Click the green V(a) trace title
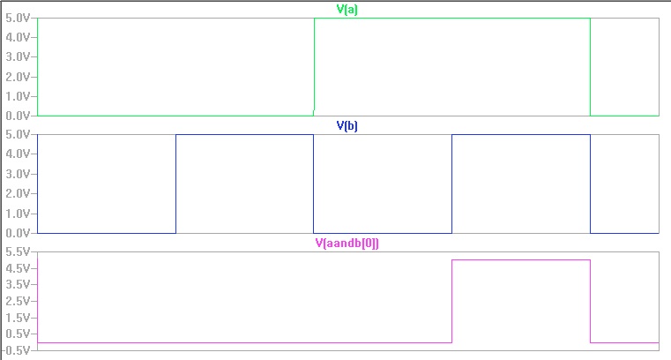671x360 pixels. pyautogui.click(x=347, y=10)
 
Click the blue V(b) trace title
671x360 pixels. pyautogui.click(x=347, y=126)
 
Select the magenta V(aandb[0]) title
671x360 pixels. pyautogui.click(x=347, y=244)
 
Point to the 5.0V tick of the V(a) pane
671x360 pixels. pyautogui.click(x=19, y=18)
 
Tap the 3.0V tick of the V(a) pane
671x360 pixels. pyautogui.click(x=19, y=56)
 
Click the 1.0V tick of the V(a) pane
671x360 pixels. pyautogui.click(x=19, y=96)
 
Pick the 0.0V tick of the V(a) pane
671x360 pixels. pyautogui.click(x=19, y=116)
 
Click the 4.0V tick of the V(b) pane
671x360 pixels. pyautogui.click(x=19, y=154)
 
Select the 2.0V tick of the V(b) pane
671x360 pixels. pyautogui.click(x=19, y=193)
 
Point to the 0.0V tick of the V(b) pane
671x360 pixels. pyautogui.click(x=19, y=233)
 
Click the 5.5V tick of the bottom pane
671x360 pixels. pyautogui.click(x=19, y=251)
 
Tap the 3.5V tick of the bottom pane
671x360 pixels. pyautogui.click(x=19, y=284)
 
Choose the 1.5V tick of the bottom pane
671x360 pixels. pyautogui.click(x=19, y=318)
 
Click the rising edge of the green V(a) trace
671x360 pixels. pyautogui.click(x=315, y=66)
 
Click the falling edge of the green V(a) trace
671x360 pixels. pyautogui.click(x=590, y=66)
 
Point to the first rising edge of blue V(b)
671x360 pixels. pyautogui.click(x=176, y=184)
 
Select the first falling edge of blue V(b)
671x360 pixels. pyautogui.click(x=314, y=184)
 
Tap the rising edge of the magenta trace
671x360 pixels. pyautogui.click(x=452, y=301)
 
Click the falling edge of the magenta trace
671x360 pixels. pyautogui.click(x=590, y=301)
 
